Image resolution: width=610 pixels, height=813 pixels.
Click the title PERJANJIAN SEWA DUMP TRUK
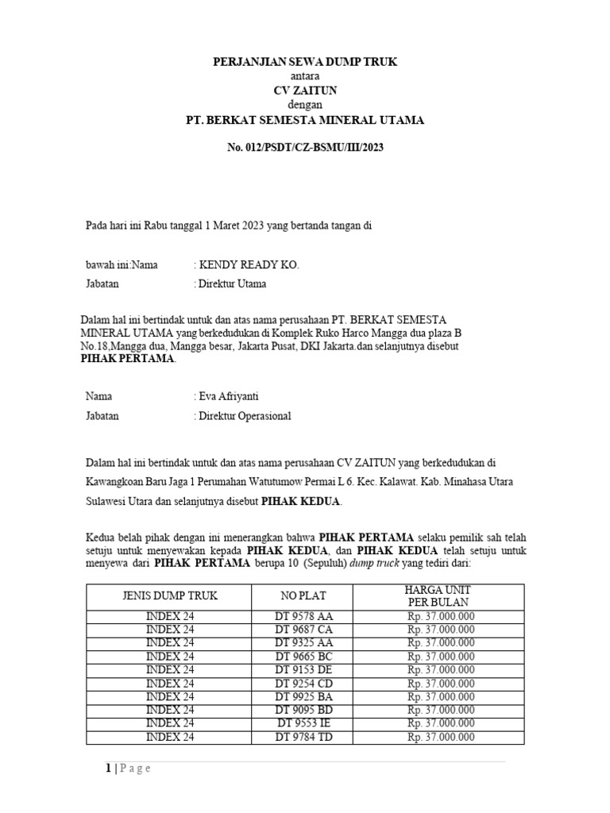pos(305,61)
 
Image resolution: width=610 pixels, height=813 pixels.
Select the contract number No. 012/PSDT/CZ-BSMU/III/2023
pos(305,147)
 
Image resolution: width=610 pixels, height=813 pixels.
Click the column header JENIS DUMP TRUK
pos(169,595)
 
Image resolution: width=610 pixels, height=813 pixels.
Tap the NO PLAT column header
pos(303,595)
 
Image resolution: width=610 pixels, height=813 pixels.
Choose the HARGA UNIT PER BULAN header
pos(441,595)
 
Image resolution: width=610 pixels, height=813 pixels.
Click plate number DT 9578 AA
pos(303,616)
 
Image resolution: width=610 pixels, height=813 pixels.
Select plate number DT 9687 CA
pos(303,630)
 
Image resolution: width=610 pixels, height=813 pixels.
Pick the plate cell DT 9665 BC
pos(303,657)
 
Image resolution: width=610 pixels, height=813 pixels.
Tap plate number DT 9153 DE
pos(303,670)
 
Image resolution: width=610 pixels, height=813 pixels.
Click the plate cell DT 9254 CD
pos(303,684)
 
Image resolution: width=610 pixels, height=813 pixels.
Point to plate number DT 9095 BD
pos(303,710)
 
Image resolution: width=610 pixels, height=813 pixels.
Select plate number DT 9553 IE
pos(303,723)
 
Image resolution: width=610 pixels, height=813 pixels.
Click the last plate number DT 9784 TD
pos(303,737)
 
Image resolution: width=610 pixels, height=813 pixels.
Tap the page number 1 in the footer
pos(107,768)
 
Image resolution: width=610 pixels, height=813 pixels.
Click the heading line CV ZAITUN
pos(305,91)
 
